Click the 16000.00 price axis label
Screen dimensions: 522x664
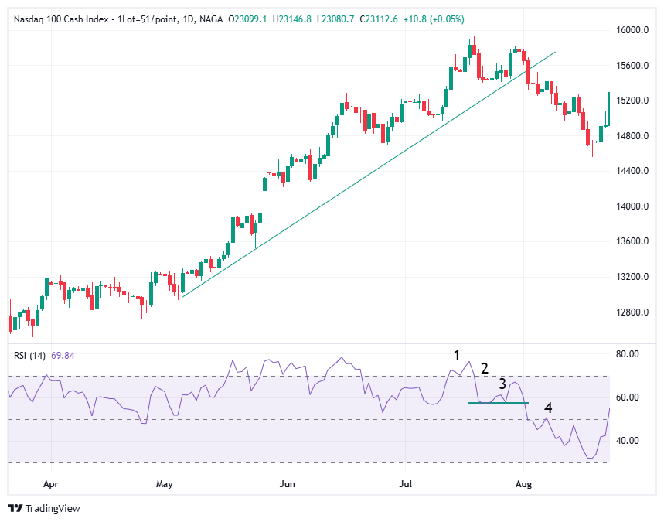(x=632, y=30)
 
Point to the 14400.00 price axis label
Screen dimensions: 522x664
(x=632, y=171)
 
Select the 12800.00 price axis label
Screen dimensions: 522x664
(x=632, y=312)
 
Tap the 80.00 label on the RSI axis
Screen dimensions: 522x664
(x=628, y=354)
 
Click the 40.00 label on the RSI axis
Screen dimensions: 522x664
(x=628, y=441)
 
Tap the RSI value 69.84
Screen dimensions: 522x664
(x=63, y=356)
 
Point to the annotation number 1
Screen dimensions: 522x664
(x=457, y=356)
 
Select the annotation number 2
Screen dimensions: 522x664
(x=485, y=368)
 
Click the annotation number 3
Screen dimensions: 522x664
(x=502, y=384)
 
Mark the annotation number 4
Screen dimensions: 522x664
(x=548, y=408)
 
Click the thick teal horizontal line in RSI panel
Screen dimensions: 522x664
(x=498, y=403)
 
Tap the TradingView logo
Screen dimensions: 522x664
(x=44, y=508)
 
